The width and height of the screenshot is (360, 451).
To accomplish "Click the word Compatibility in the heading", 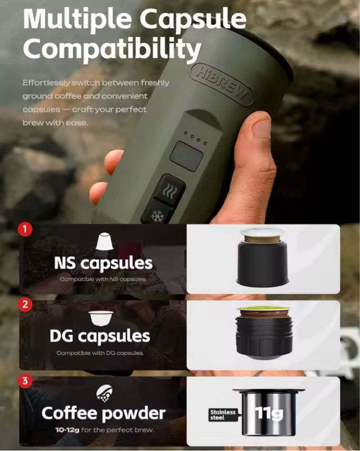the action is (x=112, y=47).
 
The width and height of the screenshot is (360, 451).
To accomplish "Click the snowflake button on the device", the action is (x=157, y=216).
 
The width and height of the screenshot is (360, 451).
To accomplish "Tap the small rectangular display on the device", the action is (x=187, y=156).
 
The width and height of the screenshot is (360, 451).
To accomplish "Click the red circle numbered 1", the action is (x=25, y=229).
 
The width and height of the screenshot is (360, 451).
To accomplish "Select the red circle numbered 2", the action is (x=25, y=304).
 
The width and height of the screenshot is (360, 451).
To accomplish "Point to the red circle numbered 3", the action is (x=25, y=381).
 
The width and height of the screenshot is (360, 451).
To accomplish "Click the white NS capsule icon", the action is (x=104, y=241).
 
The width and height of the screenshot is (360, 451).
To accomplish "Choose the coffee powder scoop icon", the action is (x=104, y=393).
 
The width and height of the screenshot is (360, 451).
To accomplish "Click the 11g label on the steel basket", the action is (x=269, y=413).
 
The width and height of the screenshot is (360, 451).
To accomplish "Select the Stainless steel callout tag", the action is (x=223, y=414).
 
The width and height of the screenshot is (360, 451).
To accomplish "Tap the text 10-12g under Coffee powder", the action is (x=67, y=430).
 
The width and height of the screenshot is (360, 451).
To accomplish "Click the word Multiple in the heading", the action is (x=77, y=19).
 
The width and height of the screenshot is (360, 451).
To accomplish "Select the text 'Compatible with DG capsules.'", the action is (x=100, y=353).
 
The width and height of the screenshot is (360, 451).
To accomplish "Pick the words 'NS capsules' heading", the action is (x=103, y=263).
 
